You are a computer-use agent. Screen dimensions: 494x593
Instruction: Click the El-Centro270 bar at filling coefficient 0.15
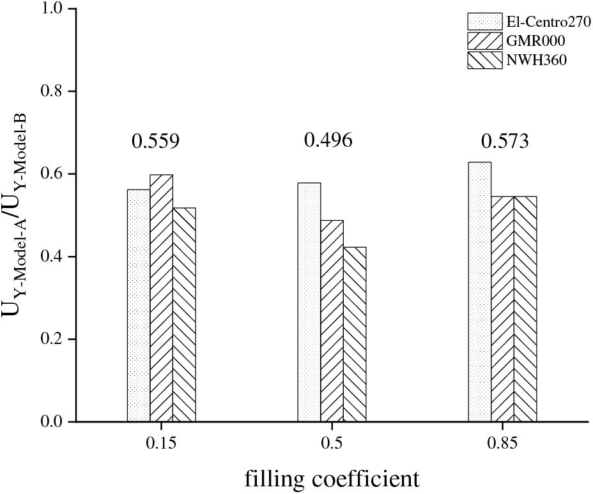[139, 306]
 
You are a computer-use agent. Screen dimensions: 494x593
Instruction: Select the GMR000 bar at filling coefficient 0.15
[161, 298]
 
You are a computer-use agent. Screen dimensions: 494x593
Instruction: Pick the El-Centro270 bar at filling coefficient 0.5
[309, 303]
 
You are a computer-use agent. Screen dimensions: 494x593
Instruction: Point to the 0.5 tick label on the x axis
[332, 441]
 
